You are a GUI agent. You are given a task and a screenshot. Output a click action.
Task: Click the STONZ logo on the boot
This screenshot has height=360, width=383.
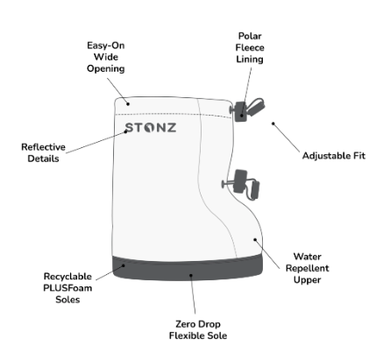(151, 128)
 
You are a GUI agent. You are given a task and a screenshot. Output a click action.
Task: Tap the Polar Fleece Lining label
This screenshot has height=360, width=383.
(250, 47)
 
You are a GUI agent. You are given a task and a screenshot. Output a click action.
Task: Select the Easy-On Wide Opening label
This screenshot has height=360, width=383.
(106, 57)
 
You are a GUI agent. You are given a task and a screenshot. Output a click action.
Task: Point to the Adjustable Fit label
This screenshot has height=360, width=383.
(334, 156)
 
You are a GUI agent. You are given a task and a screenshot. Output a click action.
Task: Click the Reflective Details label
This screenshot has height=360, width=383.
(43, 152)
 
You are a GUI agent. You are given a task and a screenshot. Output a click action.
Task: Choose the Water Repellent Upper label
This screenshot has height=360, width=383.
(308, 268)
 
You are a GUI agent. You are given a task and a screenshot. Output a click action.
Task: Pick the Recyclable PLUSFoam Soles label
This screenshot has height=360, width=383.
(67, 288)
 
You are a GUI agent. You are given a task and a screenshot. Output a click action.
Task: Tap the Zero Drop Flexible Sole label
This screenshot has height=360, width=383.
(198, 330)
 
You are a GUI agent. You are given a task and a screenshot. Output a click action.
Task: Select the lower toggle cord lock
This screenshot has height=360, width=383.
(241, 184)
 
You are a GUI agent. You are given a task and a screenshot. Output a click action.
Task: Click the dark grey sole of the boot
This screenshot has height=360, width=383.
(188, 267)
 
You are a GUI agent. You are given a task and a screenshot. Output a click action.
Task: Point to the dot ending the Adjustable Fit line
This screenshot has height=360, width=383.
(273, 124)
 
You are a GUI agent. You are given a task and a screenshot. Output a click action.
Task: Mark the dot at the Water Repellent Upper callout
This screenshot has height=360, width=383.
(255, 240)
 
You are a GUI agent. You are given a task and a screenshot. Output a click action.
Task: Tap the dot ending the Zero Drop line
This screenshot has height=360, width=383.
(191, 275)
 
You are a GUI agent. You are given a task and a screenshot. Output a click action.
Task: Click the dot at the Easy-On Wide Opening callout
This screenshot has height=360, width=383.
(128, 103)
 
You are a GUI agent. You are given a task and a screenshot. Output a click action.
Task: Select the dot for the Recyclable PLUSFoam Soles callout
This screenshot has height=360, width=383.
(124, 265)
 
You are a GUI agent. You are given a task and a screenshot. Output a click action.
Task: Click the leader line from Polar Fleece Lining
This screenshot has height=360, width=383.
(246, 91)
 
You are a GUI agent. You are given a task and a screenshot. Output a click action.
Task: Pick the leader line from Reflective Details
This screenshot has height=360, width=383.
(96, 142)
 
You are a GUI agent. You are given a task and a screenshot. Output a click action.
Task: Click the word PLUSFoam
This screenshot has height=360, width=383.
(67, 288)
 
